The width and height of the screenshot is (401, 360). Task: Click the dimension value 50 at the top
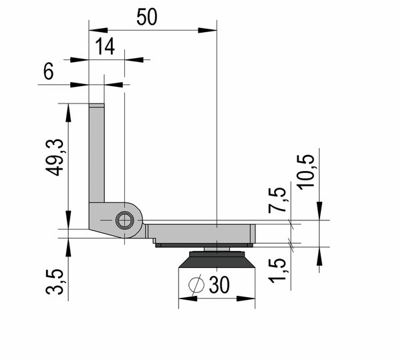tap(147, 17)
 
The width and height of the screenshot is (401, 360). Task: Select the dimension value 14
tap(105, 46)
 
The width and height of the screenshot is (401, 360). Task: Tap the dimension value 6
tap(48, 71)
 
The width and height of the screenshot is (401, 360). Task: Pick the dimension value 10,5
tap(306, 172)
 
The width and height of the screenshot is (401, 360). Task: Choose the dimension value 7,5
tap(277, 200)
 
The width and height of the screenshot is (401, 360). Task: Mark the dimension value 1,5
tap(277, 271)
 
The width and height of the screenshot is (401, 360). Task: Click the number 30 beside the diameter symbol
tap(219, 285)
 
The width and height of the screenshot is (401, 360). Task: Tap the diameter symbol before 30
tap(196, 285)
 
